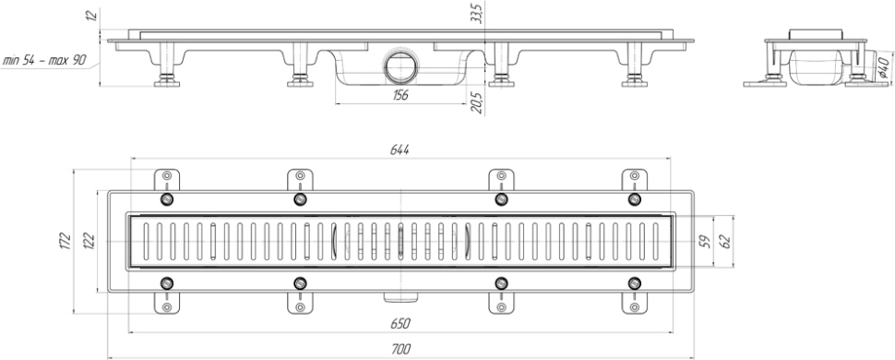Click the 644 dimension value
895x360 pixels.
click(x=400, y=150)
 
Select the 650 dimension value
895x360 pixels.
click(x=400, y=324)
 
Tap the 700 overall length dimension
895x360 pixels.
click(x=401, y=349)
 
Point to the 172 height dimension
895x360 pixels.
click(x=66, y=241)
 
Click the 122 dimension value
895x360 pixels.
click(x=89, y=241)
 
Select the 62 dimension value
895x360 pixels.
click(x=725, y=242)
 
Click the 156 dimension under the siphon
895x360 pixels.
click(x=400, y=95)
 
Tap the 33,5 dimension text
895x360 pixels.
click(x=477, y=13)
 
